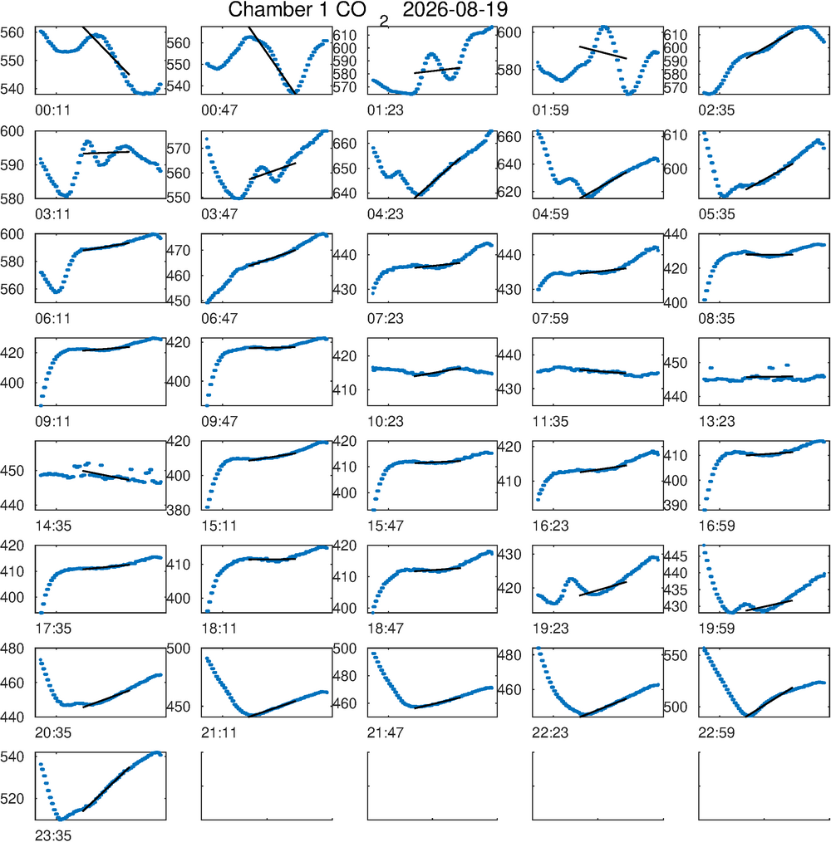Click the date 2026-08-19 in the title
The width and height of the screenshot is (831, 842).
click(x=455, y=10)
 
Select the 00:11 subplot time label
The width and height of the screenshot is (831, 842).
click(x=52, y=110)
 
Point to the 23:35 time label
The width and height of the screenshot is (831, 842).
click(x=52, y=835)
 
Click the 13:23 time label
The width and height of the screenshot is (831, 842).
click(x=716, y=422)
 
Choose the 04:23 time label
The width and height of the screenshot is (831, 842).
click(x=385, y=214)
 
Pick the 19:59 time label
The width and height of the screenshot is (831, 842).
click(x=716, y=629)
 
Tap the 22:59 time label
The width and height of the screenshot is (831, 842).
click(x=716, y=732)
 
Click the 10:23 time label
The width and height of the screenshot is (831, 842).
click(x=385, y=422)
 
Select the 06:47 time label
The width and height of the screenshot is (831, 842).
click(x=219, y=318)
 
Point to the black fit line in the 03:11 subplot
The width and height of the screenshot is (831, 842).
click(x=106, y=153)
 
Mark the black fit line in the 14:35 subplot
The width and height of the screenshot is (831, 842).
click(x=106, y=475)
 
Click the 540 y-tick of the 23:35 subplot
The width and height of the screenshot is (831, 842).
click(x=12, y=756)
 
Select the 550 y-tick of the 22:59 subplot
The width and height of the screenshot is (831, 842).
click(x=675, y=655)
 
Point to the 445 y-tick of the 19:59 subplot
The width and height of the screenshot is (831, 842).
click(x=675, y=556)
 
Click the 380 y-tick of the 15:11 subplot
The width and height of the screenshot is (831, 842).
click(x=179, y=510)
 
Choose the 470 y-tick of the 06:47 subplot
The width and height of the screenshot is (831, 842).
click(x=179, y=250)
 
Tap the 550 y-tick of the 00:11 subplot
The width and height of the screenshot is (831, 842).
click(x=12, y=61)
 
